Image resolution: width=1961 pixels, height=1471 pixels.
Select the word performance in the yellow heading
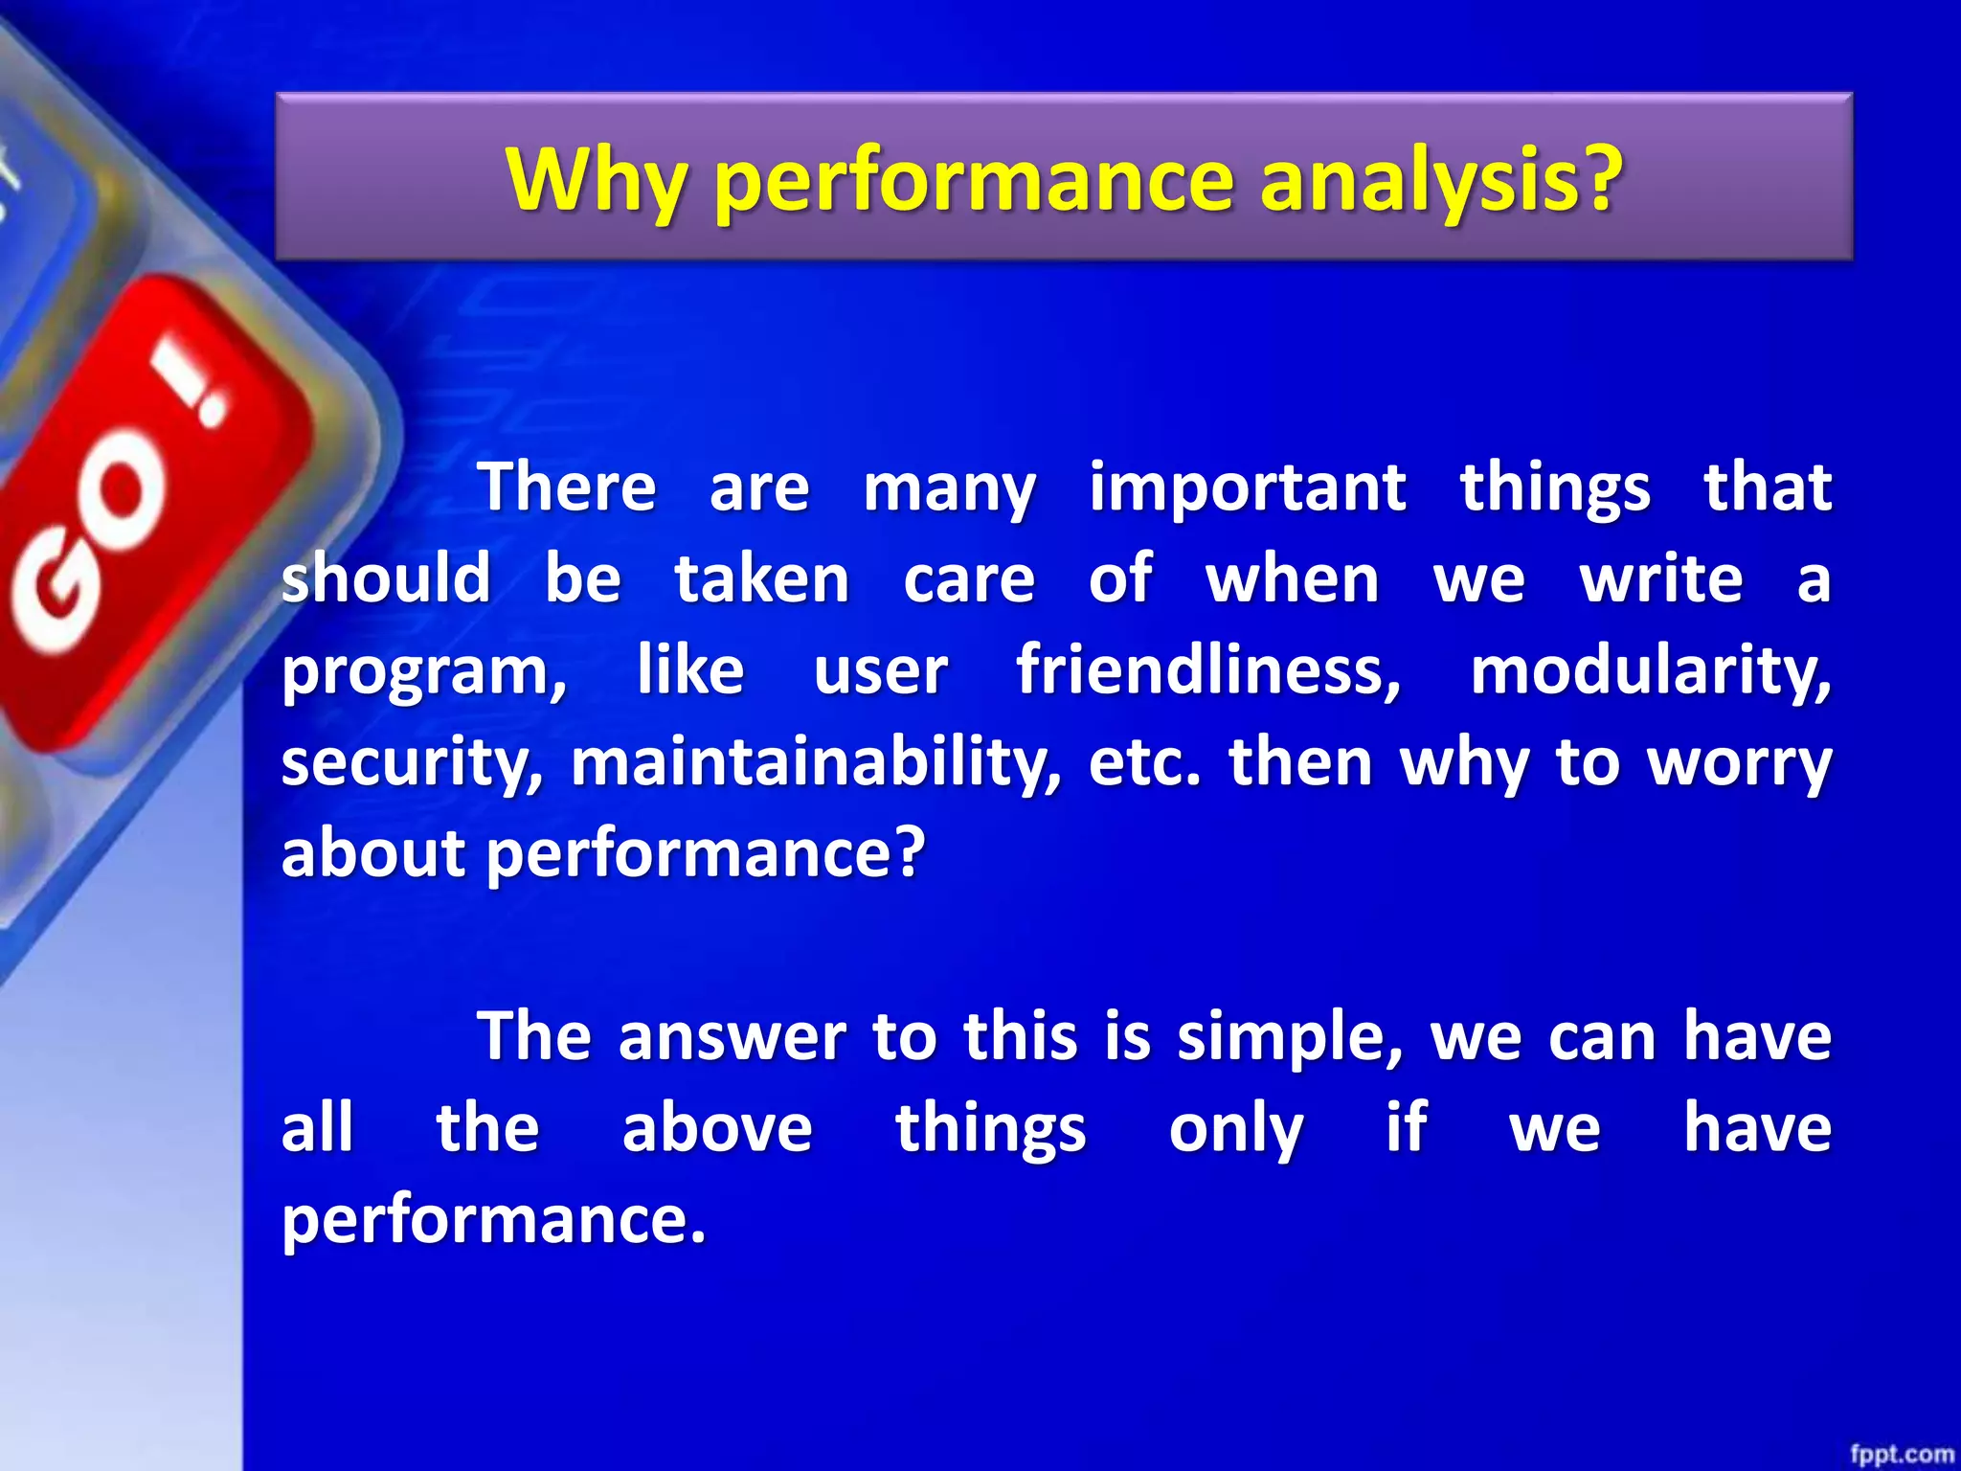[973, 182]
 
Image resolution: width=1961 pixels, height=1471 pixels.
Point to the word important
[1248, 488]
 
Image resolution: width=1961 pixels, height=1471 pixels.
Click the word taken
[762, 579]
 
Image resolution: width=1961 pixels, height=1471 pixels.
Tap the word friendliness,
[1208, 669]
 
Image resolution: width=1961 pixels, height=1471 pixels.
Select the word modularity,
[1650, 669]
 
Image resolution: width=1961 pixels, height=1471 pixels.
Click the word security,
[412, 763]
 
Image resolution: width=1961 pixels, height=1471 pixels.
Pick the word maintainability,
[816, 763]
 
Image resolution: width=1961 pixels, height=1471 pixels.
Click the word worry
[1738, 763]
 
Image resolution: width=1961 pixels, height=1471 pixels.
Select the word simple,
[1289, 1038]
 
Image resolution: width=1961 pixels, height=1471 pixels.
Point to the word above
[716, 1128]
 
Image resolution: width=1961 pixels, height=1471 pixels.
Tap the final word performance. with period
[493, 1220]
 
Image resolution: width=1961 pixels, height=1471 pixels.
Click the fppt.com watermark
[1901, 1454]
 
